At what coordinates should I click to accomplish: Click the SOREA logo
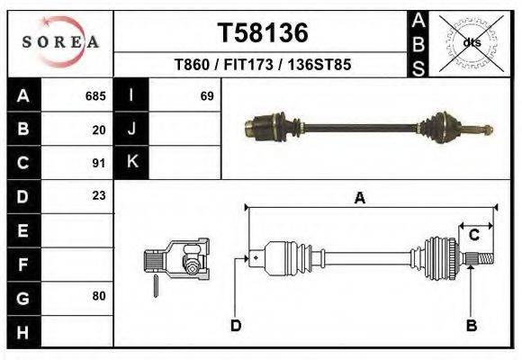[x=60, y=41]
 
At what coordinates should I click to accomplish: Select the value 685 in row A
[x=95, y=95]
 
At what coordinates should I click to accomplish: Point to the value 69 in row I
[x=206, y=95]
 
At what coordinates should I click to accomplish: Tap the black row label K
[x=131, y=162]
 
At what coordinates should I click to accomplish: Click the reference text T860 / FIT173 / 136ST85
[x=262, y=65]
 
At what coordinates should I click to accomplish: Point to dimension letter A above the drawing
[x=359, y=199]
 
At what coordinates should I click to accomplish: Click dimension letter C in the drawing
[x=472, y=235]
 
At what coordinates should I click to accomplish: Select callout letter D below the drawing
[x=236, y=326]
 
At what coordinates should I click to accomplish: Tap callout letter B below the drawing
[x=470, y=326]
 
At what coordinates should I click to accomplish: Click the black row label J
[x=131, y=130]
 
